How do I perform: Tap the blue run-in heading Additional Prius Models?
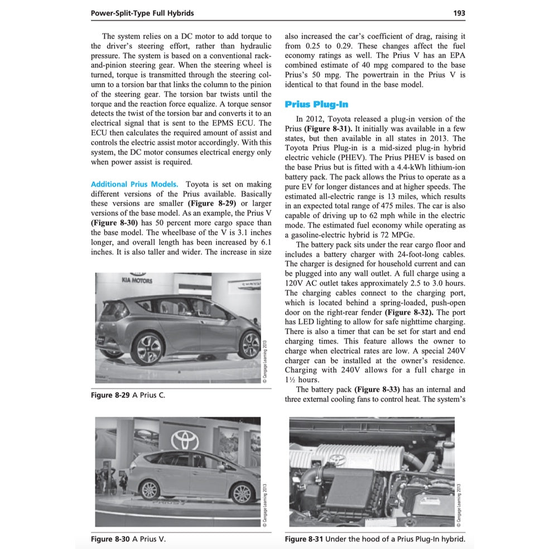(x=134, y=184)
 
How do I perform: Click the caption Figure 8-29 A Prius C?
(x=128, y=395)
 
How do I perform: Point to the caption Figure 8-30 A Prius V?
(x=128, y=539)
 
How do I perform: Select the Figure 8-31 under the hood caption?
(x=374, y=539)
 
